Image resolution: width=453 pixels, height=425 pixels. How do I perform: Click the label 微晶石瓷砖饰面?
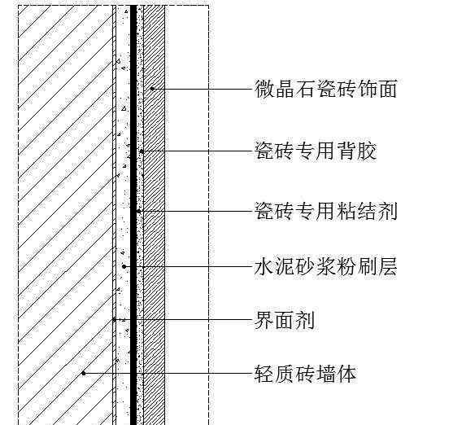pyautogui.click(x=325, y=89)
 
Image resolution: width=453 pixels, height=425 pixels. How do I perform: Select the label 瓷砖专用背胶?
pyautogui.click(x=316, y=151)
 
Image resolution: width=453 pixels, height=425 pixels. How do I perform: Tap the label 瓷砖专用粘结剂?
pyautogui.click(x=326, y=211)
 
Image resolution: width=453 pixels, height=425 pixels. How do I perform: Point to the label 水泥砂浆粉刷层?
pyautogui.click(x=325, y=266)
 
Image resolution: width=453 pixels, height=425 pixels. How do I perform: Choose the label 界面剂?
pyautogui.click(x=285, y=320)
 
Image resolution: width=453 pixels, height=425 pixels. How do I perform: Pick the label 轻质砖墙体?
pyautogui.click(x=305, y=374)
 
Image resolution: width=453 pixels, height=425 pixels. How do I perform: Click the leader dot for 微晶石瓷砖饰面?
pyautogui.click(x=152, y=89)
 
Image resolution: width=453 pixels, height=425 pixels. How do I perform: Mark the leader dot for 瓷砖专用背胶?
pyautogui.click(x=142, y=151)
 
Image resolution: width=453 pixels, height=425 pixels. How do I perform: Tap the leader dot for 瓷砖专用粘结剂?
pyautogui.click(x=139, y=211)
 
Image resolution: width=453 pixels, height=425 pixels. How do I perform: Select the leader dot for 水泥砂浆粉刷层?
pyautogui.click(x=124, y=266)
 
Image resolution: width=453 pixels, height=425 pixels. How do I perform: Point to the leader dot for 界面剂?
pyautogui.click(x=114, y=320)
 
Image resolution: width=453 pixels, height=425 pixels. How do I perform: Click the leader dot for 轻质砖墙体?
pyautogui.click(x=84, y=374)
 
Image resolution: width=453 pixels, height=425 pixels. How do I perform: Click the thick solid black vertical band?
pyautogui.click(x=133, y=215)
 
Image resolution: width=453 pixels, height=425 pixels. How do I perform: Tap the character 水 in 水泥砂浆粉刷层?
pyautogui.click(x=264, y=266)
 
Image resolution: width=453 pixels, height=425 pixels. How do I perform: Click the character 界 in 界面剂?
pyautogui.click(x=264, y=320)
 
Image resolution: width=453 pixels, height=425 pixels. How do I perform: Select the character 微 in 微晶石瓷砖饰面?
pyautogui.click(x=264, y=89)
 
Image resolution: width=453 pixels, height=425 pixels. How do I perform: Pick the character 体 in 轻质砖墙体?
pyautogui.click(x=346, y=374)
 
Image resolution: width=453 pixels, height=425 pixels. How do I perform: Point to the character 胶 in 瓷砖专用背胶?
pyautogui.click(x=367, y=151)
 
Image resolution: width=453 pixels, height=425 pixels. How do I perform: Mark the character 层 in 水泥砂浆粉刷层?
pyautogui.click(x=388, y=266)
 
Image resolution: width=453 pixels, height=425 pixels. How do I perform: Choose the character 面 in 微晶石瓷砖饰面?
pyautogui.click(x=388, y=89)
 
